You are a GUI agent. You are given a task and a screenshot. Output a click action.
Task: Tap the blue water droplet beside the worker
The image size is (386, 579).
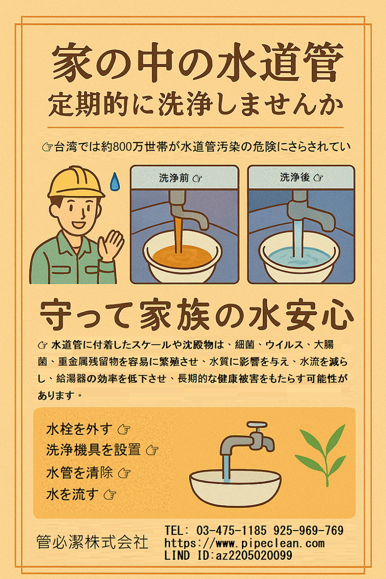coord(115,181)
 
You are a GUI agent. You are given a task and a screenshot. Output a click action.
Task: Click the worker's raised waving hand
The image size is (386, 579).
coord(111,246)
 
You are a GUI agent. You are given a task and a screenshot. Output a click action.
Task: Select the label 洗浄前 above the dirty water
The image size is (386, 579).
coord(174,178)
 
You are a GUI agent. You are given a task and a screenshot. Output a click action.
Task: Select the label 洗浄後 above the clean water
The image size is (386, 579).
coord(294,177)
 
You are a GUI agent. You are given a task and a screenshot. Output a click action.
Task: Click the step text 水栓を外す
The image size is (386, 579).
coord(79,429)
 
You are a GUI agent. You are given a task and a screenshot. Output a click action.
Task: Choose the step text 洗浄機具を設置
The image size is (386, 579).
coord(94,450)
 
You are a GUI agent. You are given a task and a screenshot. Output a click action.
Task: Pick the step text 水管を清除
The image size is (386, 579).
coord(80,472)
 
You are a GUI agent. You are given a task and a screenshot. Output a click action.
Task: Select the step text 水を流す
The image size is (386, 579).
coord(72,494)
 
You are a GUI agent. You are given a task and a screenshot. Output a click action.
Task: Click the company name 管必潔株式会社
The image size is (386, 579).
coord(92,542)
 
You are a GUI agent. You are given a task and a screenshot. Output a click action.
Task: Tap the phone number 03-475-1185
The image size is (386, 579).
coord(231,531)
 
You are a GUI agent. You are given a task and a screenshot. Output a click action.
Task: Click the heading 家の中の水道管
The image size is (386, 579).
coord(198,62)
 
